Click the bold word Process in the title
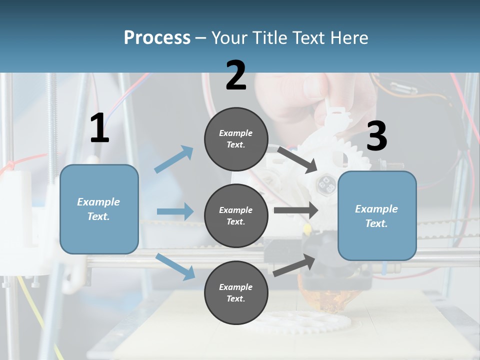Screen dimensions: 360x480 click(x=157, y=37)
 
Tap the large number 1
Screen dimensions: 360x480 click(x=99, y=129)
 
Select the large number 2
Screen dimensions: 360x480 click(x=236, y=76)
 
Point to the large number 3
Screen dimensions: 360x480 click(x=376, y=136)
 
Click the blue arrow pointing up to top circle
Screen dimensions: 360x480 click(x=174, y=159)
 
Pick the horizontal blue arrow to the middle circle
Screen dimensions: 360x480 click(x=174, y=211)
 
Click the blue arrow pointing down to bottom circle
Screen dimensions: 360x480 click(x=175, y=266)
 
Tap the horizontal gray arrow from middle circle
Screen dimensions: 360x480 click(x=295, y=210)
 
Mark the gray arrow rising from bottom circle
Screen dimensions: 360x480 click(x=294, y=265)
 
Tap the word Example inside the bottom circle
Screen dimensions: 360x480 click(x=236, y=287)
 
